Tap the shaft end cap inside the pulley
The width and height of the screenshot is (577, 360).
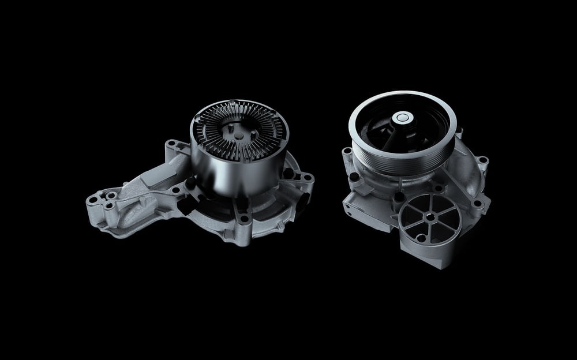tap(402, 119)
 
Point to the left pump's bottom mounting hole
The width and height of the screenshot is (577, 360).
tap(245, 219)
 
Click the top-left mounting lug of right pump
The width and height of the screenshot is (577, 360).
tap(347, 153)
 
